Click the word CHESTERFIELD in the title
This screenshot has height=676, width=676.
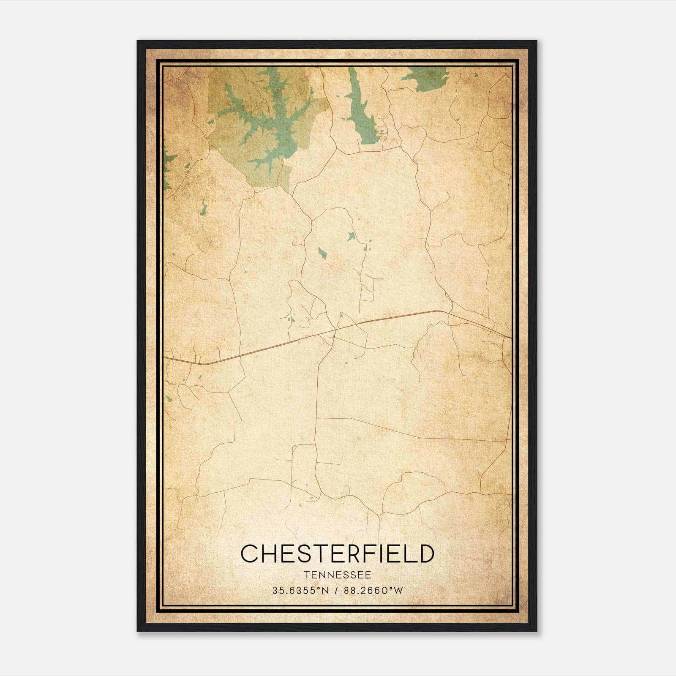(337, 554)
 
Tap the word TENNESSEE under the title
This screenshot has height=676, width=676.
(337, 575)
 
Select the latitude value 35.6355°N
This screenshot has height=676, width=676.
(300, 591)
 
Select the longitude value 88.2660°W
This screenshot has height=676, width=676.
(374, 591)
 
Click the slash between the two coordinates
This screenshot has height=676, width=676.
(337, 591)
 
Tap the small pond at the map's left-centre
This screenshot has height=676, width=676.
(204, 208)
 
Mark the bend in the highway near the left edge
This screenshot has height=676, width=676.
(205, 363)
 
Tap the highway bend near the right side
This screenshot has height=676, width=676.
(439, 311)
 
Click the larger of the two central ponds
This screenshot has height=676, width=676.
(322, 253)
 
